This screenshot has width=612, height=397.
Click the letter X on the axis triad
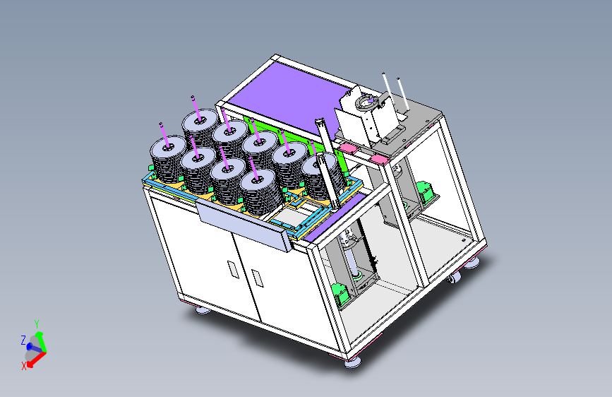[x=24, y=366]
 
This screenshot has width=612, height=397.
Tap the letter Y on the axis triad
[x=37, y=324]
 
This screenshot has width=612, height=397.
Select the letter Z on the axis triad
[x=23, y=340]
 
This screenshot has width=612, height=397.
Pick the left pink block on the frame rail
[x=347, y=148]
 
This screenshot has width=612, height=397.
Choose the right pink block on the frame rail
[x=378, y=159]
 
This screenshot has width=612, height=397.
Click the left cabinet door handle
[x=233, y=270]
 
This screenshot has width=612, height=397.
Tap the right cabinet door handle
[x=257, y=278]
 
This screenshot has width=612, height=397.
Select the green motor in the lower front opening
[x=340, y=295]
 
